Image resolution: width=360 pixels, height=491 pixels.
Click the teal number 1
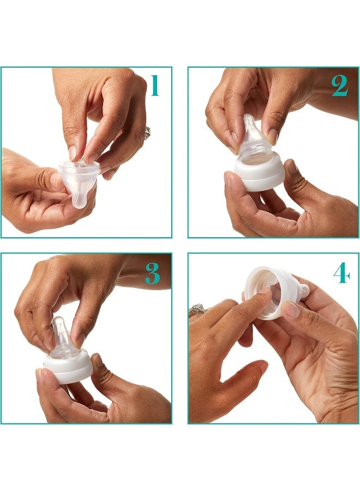[x=154, y=86]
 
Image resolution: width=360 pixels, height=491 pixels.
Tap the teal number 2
[x=339, y=86]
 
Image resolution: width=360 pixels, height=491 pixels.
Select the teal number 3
[x=153, y=274]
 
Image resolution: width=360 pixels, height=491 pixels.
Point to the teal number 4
[x=341, y=274]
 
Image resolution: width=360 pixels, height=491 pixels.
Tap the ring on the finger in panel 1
[x=147, y=133]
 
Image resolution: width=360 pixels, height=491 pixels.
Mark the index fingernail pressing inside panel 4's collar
[x=265, y=291]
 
